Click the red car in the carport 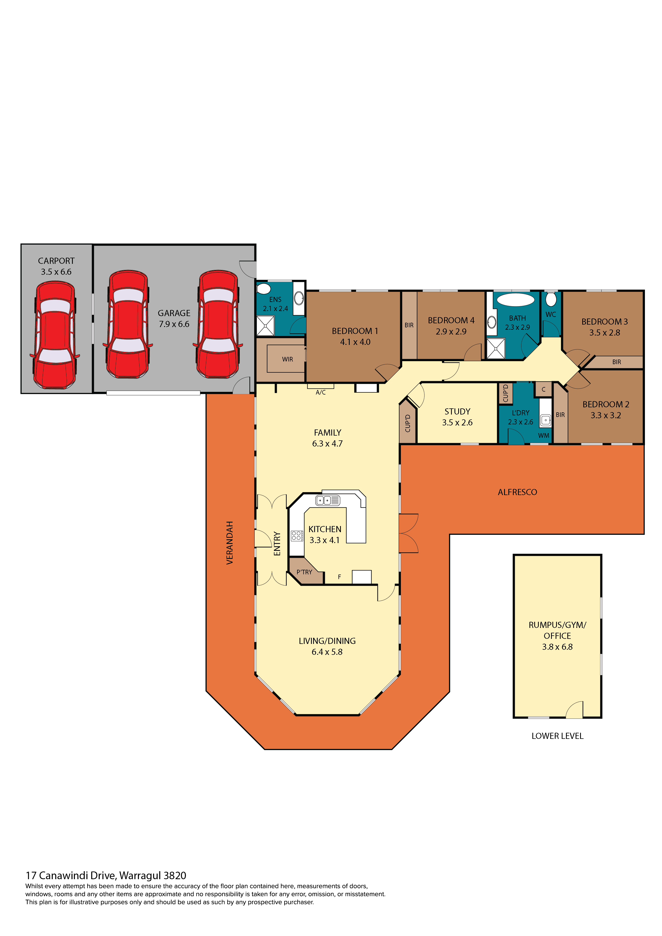coord(55,335)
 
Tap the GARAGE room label coord(174,313)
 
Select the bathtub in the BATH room coord(516,300)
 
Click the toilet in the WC coord(551,299)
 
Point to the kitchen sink coord(328,500)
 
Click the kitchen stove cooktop coord(297,536)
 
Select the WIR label coord(287,359)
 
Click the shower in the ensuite coord(265,326)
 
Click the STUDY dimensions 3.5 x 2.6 coord(457,422)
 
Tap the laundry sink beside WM coord(545,420)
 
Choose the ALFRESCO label coord(517,492)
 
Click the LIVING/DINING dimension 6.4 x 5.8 coord(327,652)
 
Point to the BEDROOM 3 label coord(605,322)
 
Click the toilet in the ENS coord(264,289)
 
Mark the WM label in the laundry coord(543,435)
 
